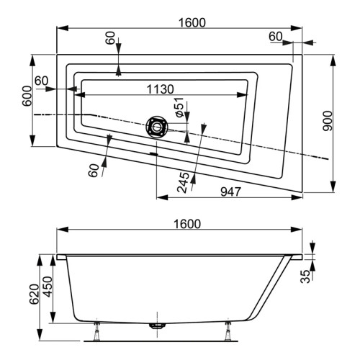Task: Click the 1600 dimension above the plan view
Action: (191, 22)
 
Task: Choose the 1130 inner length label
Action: (159, 89)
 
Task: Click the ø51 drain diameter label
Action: (180, 112)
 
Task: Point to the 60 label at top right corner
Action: (276, 36)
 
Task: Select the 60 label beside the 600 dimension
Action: (41, 81)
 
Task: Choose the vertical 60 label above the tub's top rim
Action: (110, 37)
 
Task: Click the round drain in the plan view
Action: (156, 127)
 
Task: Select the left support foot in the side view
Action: (97, 331)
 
